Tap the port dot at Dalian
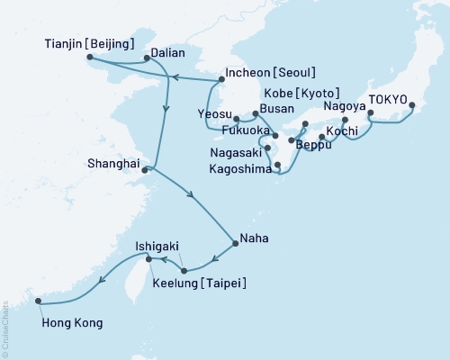[x=147, y=58]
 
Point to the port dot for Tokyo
[x=412, y=106]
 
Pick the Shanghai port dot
[x=145, y=168]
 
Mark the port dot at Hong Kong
[x=39, y=302]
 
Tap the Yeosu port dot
[x=236, y=118]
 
